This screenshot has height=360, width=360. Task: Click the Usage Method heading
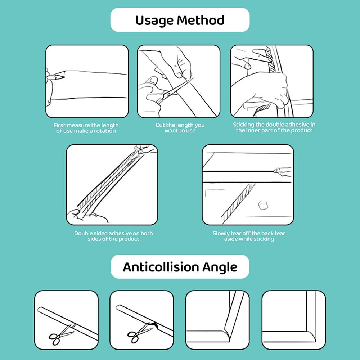(x=180, y=20)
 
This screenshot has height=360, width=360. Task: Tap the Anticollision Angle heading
(x=180, y=267)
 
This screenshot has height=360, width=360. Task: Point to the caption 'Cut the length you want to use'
(x=180, y=128)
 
